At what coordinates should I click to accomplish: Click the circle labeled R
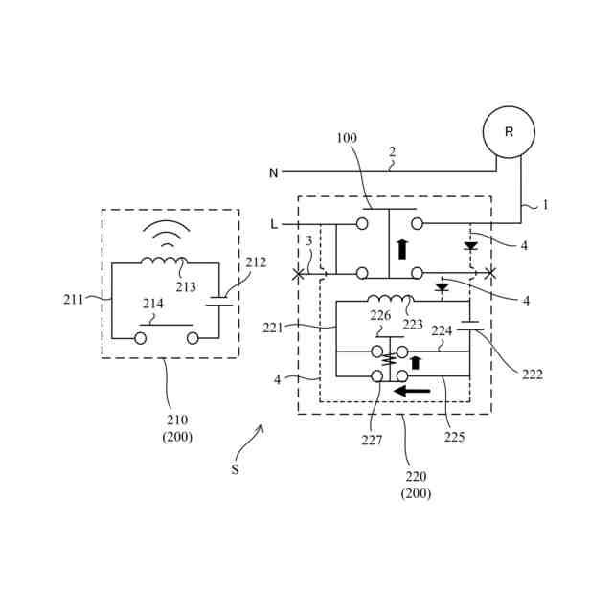(x=509, y=132)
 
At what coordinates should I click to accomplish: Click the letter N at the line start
(x=273, y=173)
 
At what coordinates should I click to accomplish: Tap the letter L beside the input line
(x=275, y=224)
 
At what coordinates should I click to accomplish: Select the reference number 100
(x=347, y=138)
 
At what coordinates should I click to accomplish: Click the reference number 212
(x=256, y=261)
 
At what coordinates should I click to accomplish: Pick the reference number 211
(x=74, y=300)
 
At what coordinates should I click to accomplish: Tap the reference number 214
(x=153, y=304)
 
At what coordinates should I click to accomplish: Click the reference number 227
(x=372, y=441)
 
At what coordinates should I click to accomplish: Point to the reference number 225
(x=455, y=438)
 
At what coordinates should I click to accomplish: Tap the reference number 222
(x=533, y=375)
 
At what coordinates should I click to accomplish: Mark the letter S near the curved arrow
(x=235, y=470)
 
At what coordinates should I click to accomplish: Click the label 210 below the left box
(x=177, y=420)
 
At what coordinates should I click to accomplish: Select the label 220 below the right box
(x=417, y=476)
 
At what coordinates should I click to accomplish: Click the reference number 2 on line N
(x=391, y=151)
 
